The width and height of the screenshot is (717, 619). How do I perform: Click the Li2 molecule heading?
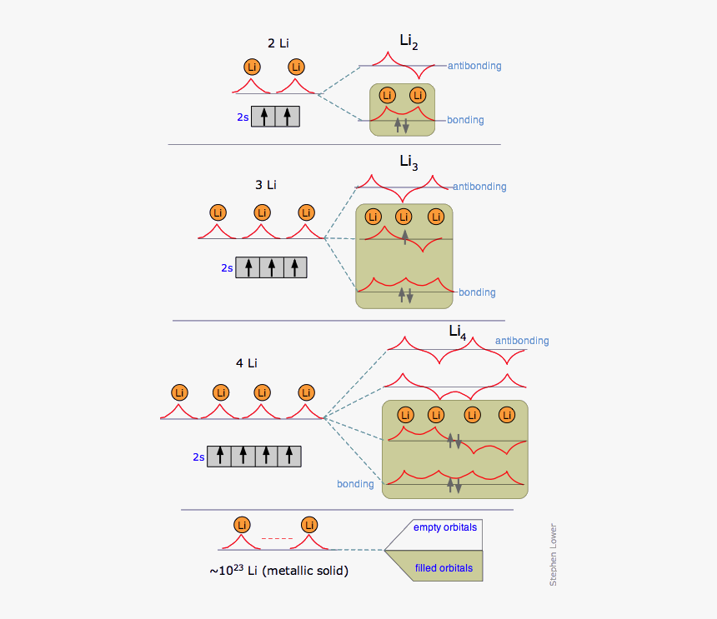point(409,43)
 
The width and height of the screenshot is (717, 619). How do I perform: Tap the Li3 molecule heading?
point(409,162)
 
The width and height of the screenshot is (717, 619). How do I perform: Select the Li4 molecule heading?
point(457,332)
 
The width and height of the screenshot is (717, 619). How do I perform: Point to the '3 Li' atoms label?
point(265,184)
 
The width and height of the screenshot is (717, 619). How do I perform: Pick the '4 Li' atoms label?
point(246,362)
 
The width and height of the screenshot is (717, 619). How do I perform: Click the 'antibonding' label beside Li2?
point(474,66)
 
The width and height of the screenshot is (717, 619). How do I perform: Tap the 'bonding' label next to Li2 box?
point(465,120)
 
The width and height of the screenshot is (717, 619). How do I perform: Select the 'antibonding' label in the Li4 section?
point(522,341)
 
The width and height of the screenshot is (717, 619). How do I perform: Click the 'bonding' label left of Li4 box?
point(355,484)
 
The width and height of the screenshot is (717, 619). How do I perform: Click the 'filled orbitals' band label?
point(444,568)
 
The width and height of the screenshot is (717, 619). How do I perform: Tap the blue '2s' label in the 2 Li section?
point(242,117)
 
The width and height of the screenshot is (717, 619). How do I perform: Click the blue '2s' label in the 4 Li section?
point(198,457)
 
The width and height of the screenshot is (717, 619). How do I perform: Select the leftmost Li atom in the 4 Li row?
point(178,392)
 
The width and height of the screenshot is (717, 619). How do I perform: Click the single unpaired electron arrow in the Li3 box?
point(405,237)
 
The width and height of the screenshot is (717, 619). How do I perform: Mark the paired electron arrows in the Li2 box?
point(402,125)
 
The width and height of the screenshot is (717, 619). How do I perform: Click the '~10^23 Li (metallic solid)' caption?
point(278,572)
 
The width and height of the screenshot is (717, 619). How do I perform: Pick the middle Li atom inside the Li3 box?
point(404,217)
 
